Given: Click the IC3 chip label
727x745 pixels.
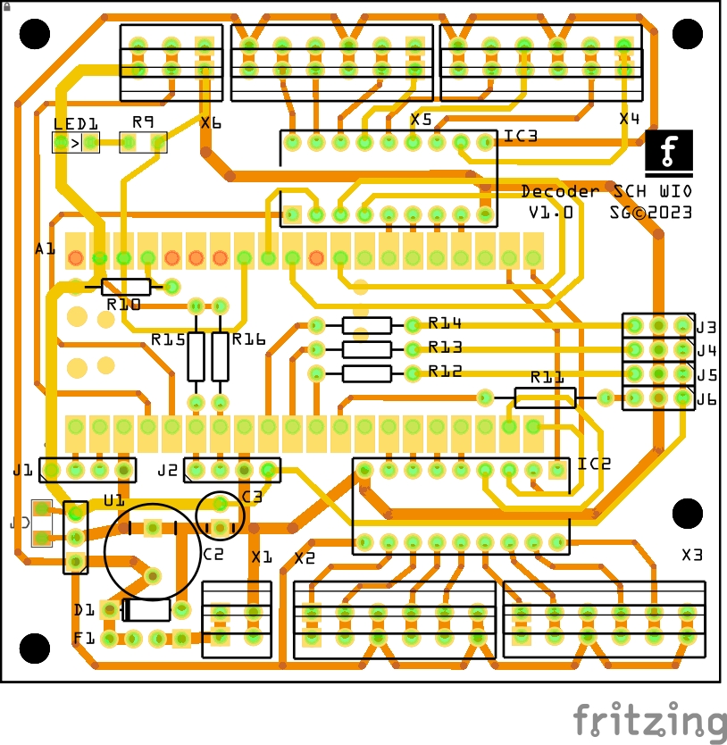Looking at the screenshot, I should [x=521, y=136].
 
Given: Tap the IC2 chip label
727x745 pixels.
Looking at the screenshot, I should [x=594, y=464].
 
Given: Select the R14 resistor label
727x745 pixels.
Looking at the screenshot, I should [x=445, y=322].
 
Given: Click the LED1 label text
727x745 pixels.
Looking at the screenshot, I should [x=76, y=125].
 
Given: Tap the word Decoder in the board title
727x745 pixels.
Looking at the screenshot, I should [x=560, y=191].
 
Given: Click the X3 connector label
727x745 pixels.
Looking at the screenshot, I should [x=692, y=555].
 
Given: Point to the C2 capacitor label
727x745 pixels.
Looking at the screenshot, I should [x=213, y=555].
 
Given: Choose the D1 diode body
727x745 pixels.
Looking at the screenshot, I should [x=146, y=610].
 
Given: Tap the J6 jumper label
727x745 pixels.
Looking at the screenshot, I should [x=707, y=399].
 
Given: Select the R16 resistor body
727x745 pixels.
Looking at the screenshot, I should [x=220, y=356].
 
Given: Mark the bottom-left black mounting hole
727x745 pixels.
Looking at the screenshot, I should [x=35, y=649].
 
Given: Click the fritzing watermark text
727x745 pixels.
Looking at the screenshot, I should [x=649, y=721].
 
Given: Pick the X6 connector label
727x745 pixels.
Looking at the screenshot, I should [x=211, y=123].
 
